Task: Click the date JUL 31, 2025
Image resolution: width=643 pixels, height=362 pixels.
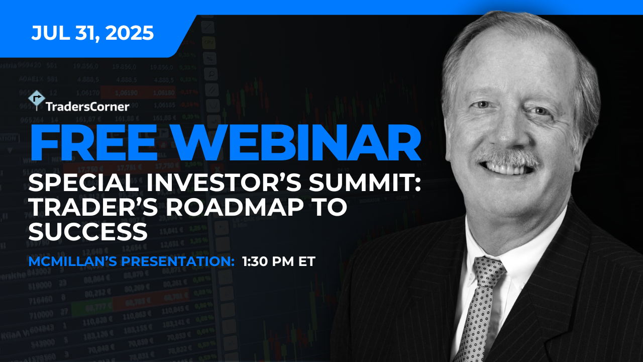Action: (92, 33)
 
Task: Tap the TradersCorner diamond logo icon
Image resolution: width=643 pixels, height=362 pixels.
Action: (37, 100)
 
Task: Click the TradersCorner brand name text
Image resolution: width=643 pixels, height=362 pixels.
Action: (87, 107)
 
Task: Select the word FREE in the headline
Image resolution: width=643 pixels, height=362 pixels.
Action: (94, 142)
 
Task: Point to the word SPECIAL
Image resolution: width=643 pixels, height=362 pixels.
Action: (83, 184)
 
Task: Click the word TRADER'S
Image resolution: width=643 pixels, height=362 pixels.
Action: (93, 208)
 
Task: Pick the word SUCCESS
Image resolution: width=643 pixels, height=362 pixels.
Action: (88, 232)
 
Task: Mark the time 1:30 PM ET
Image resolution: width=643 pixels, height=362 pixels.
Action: (279, 261)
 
